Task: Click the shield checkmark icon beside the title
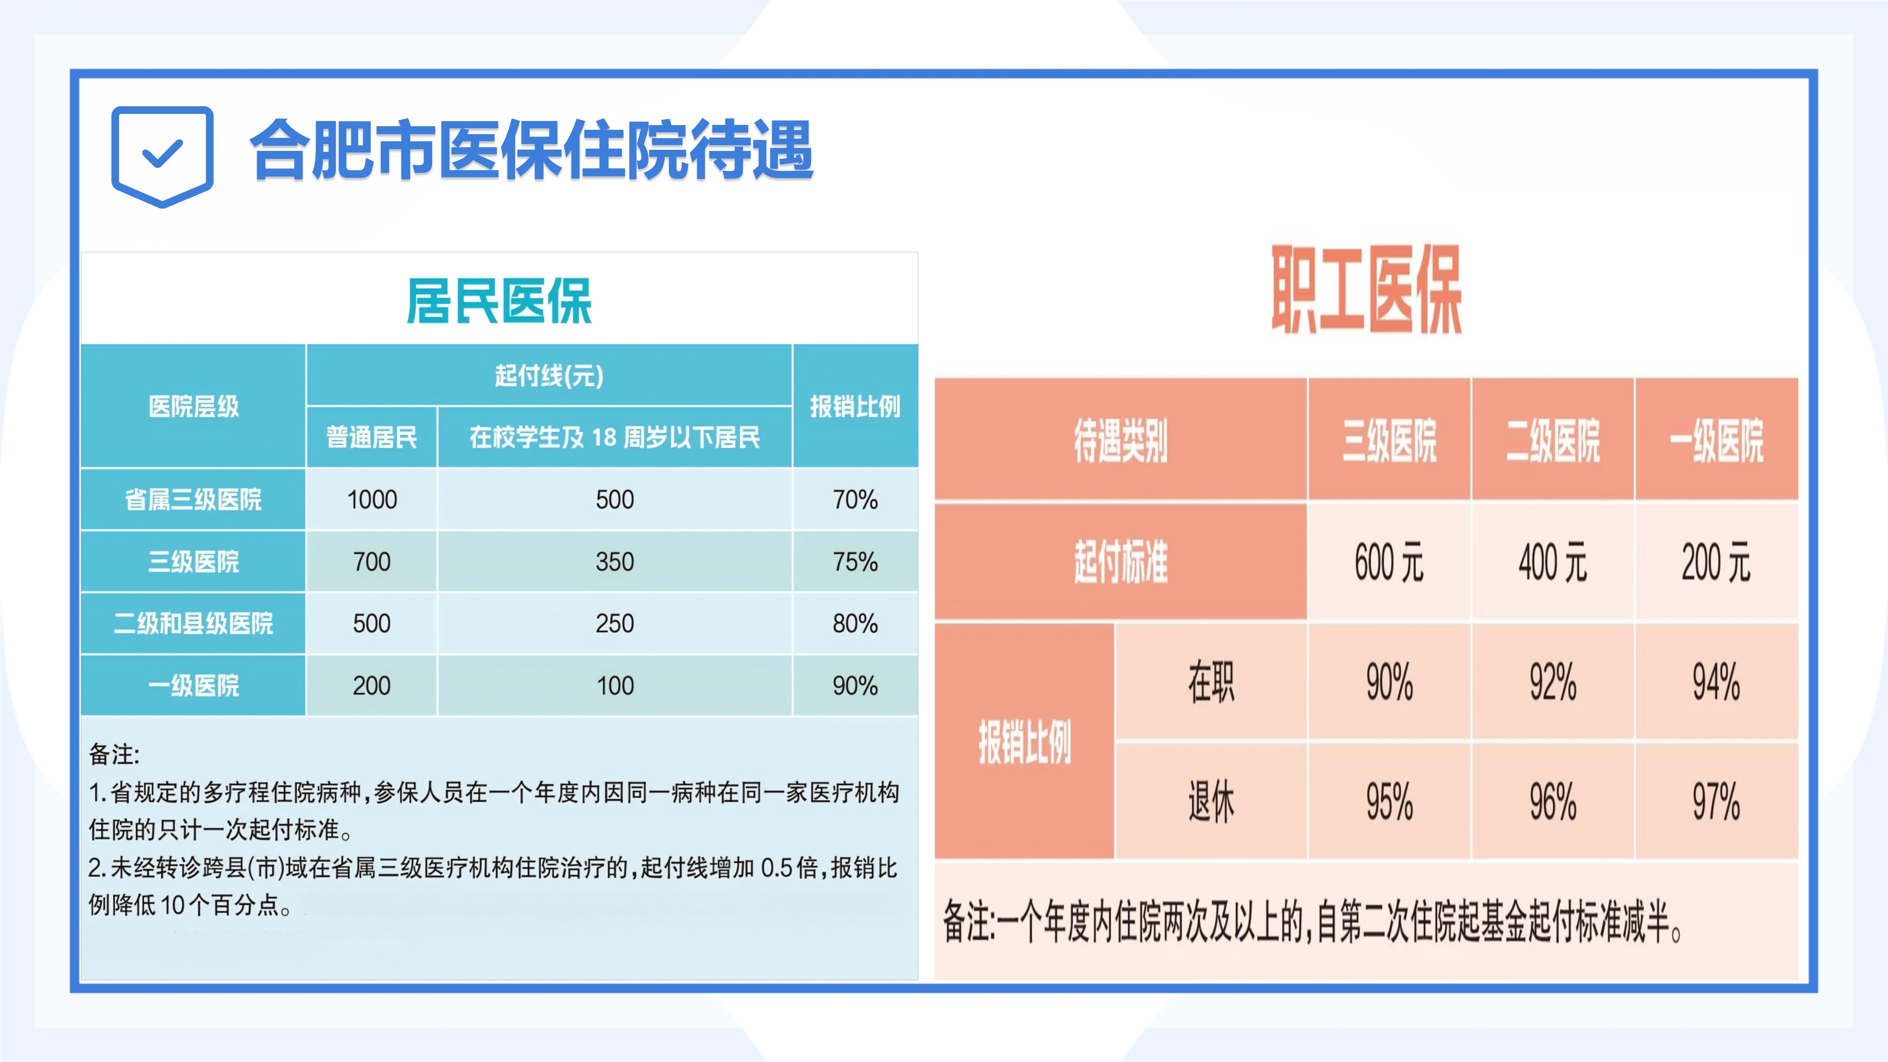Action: tap(162, 156)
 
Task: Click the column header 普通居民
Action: tap(372, 438)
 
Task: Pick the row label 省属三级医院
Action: tap(193, 500)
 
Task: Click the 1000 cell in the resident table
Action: tap(372, 500)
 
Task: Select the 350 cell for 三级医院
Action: tap(615, 562)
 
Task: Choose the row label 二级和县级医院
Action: tap(193, 624)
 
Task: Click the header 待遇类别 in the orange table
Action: tap(1121, 441)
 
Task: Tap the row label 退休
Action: tap(1211, 801)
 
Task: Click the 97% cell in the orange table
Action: tap(1716, 801)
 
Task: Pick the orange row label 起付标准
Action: tap(1121, 562)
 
